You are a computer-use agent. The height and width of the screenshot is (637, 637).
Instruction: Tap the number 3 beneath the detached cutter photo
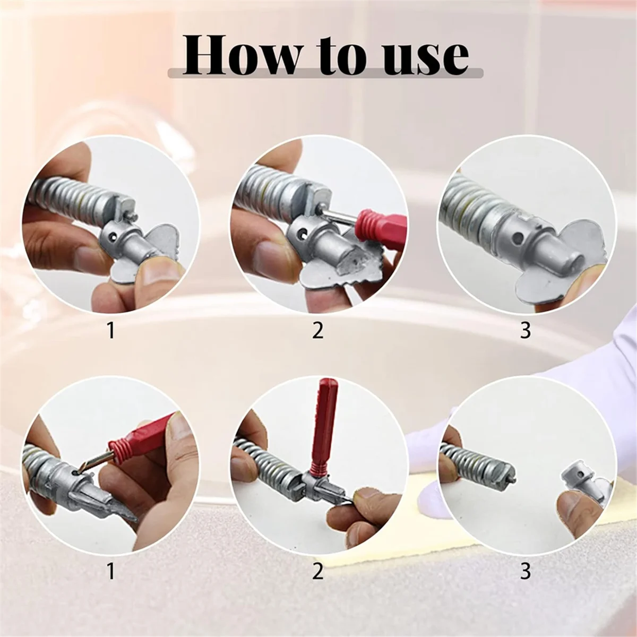525,572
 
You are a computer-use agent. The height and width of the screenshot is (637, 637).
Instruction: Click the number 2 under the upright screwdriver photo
317,572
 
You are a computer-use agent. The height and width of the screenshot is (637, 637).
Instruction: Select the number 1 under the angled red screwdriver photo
110,572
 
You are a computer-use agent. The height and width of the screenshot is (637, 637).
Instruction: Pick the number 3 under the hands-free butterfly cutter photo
525,330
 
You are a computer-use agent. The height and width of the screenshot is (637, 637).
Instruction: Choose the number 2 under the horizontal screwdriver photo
317,330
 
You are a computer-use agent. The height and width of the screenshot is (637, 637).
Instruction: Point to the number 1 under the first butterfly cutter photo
110,330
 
